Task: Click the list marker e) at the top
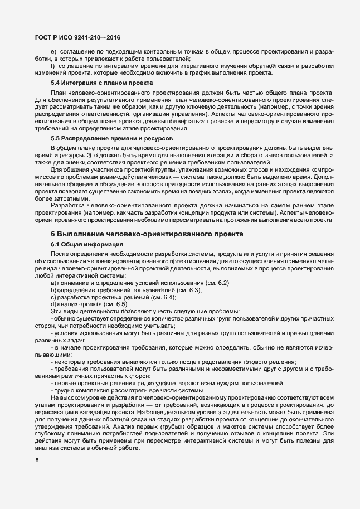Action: pyautogui.click(x=53, y=52)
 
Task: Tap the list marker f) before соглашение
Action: pyautogui.click(x=53, y=66)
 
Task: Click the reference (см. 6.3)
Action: pyautogui.click(x=189, y=290)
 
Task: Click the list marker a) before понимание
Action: pyautogui.click(x=53, y=284)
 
